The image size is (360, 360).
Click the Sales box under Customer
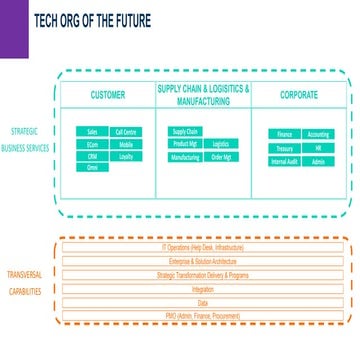click(x=92, y=132)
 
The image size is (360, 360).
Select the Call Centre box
click(x=126, y=132)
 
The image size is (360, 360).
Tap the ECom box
click(x=92, y=144)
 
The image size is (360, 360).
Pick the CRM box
click(x=92, y=156)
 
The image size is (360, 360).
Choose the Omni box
click(x=92, y=168)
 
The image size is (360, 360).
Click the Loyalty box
click(x=126, y=156)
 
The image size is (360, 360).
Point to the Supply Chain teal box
click(x=185, y=131)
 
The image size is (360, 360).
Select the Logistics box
click(x=220, y=144)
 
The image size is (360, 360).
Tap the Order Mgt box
click(x=220, y=157)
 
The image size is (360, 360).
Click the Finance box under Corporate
click(x=284, y=134)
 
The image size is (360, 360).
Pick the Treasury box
click(x=284, y=148)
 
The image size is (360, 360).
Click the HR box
click(x=318, y=148)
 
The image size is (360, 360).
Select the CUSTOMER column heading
click(x=108, y=95)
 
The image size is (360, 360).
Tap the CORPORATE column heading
click(x=299, y=95)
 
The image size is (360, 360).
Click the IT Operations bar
click(x=203, y=246)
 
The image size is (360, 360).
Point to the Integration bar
click(x=203, y=288)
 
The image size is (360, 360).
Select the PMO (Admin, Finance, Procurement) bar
click(x=203, y=315)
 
